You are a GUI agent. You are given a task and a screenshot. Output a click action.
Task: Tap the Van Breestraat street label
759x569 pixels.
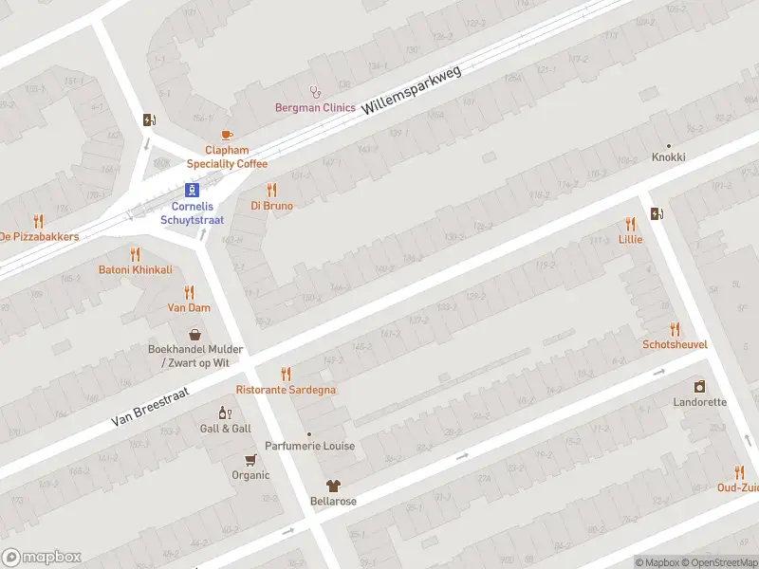coord(150,405)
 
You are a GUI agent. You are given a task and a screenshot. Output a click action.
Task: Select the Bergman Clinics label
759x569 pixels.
coord(315,108)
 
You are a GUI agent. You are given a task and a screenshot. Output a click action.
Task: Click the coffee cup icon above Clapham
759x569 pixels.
coord(226,136)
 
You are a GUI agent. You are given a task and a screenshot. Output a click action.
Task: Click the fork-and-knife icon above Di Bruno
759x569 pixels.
coord(271,190)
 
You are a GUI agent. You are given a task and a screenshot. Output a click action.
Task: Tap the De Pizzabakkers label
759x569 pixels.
coord(38,236)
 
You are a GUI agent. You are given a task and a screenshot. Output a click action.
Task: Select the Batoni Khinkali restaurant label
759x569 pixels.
coord(136,269)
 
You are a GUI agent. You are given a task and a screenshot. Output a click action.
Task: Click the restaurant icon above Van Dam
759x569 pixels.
coord(189,292)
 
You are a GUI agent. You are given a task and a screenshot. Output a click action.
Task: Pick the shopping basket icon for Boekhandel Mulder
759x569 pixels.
coord(195,334)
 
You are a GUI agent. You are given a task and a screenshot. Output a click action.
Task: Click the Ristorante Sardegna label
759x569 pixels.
coord(286,390)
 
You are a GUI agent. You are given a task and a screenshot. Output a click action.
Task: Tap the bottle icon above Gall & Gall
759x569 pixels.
coord(225,413)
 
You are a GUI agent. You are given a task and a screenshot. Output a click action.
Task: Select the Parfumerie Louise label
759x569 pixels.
coord(309,446)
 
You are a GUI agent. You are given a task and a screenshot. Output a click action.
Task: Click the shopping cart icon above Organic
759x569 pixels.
coord(250,460)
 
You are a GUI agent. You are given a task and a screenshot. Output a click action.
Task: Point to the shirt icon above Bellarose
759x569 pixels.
coord(333,485)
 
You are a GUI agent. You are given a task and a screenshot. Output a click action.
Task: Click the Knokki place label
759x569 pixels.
coord(668,157)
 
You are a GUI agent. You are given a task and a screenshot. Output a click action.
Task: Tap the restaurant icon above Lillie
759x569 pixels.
coord(630,224)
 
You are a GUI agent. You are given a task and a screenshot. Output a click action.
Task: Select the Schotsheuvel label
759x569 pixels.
coord(675,344)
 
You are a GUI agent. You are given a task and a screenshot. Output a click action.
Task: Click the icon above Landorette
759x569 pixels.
coord(699,387)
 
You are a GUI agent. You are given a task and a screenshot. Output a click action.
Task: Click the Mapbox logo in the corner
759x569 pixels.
coord(41,558)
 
